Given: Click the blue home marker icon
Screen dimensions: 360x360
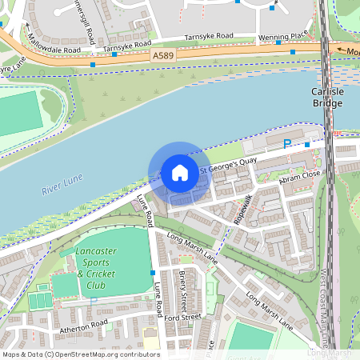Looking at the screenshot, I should [x=180, y=173].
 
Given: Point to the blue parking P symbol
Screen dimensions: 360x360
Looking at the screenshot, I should [x=287, y=144].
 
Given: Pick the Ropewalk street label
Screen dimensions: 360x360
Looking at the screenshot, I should [x=243, y=210].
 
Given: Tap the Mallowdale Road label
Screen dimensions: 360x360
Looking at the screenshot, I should [x=54, y=43].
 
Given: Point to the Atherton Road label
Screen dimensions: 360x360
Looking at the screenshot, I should [x=82, y=325].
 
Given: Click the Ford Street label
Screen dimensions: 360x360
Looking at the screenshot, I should [x=182, y=318].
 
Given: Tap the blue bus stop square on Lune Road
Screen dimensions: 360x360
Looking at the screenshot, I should [x=153, y=273].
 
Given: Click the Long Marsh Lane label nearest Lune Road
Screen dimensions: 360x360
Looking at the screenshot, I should [x=192, y=247].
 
